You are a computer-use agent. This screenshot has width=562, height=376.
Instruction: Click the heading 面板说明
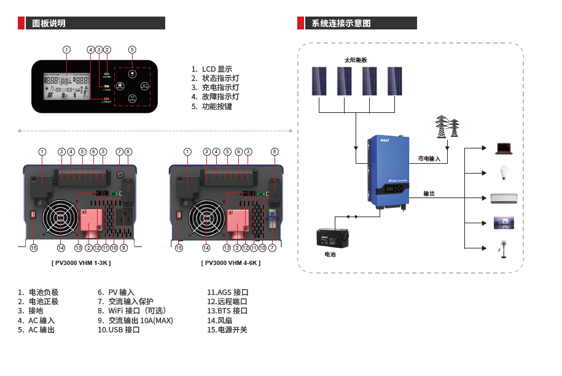coord(49,23)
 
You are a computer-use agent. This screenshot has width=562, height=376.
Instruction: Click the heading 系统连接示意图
coord(341,23)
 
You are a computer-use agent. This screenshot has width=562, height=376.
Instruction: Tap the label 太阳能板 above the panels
coord(355,60)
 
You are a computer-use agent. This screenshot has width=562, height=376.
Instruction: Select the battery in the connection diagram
coord(332,238)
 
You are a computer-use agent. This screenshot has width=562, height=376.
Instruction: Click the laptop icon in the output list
coord(504,148)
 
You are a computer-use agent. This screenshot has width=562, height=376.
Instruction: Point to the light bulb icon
coord(504,172)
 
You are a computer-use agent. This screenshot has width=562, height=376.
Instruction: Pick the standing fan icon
coord(503,249)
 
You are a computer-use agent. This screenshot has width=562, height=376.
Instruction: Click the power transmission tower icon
coord(447,127)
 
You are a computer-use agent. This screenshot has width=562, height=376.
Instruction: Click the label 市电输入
coord(429,159)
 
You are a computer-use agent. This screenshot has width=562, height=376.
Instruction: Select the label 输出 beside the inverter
coord(429,194)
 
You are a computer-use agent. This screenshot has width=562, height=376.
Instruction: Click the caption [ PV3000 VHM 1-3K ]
coord(81,263)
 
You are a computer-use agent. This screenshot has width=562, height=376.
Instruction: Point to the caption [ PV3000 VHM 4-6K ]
coord(230,263)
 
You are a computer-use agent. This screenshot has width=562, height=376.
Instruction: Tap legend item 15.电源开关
coord(227,330)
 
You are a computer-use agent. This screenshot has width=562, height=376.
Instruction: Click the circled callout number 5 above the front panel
coord(132,49)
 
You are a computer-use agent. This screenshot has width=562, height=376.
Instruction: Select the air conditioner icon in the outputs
coord(504,198)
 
